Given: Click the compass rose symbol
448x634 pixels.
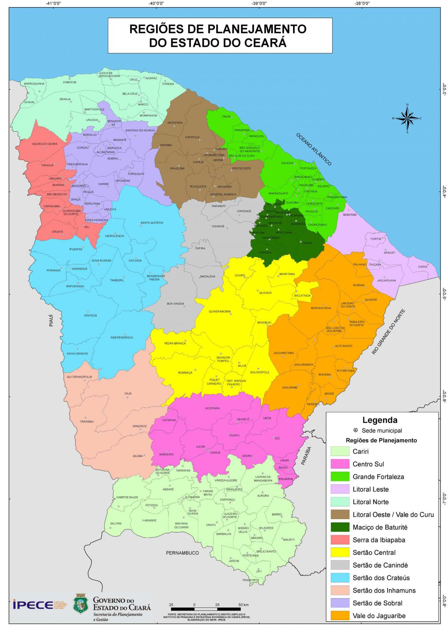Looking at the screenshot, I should pos(407,118).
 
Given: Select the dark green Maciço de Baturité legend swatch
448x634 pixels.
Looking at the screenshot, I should pos(339,527).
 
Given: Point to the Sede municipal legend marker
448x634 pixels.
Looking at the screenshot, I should pos(355,430).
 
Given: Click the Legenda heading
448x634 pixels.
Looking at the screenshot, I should pos(380,420).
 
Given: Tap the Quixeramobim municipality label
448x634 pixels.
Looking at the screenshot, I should pos(220,311).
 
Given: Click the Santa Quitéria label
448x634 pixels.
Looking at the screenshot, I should pos(152,223).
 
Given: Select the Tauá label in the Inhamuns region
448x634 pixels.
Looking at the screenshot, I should pos(128,393).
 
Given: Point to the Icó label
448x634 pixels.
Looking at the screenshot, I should pos(277,438).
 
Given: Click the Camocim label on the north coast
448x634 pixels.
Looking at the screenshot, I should pos(69,82).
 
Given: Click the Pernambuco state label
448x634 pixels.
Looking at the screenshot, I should pos(183,553).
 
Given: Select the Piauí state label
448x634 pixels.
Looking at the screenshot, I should pos(52,321).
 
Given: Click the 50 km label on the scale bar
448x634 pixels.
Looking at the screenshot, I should pos(243,605).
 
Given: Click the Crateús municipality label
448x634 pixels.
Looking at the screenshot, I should pos(90,315).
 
